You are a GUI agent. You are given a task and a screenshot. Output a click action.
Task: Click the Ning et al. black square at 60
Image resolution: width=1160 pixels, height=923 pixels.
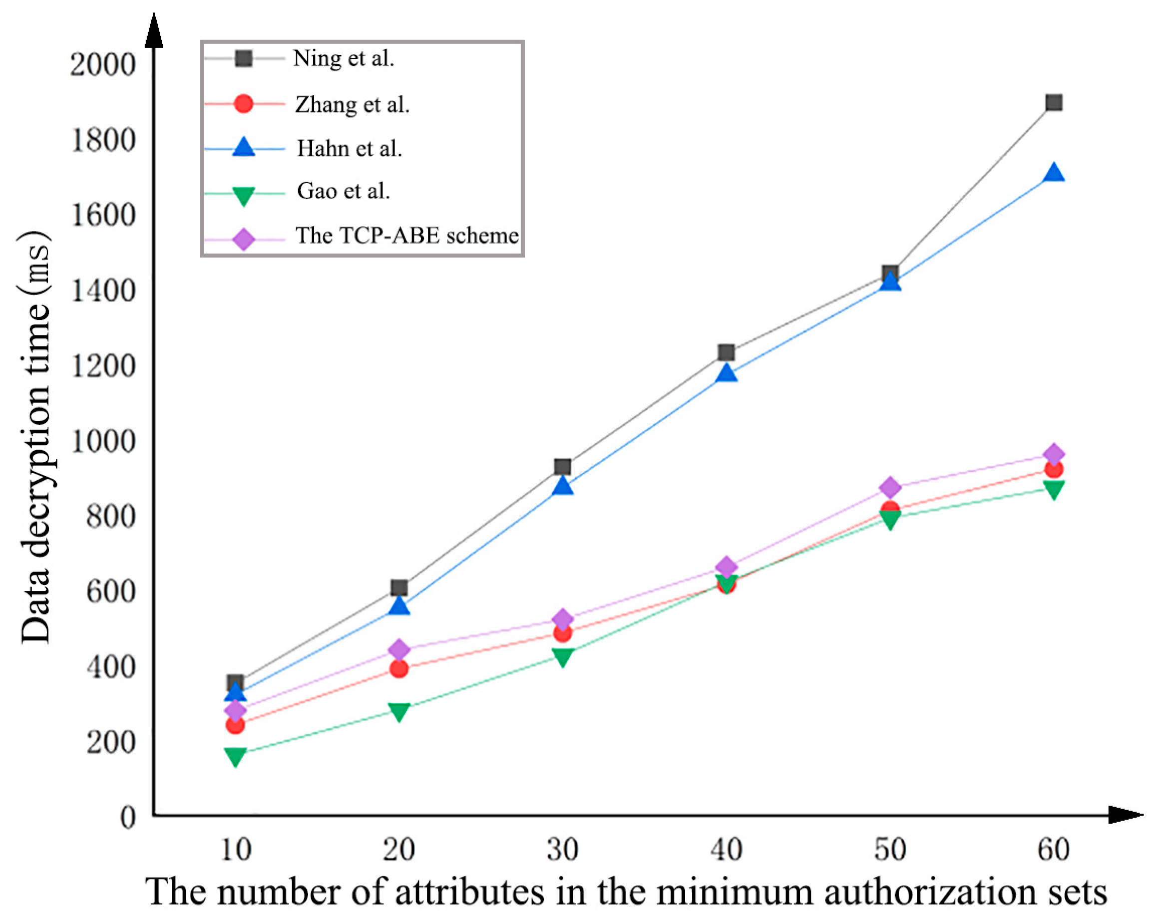click(1054, 103)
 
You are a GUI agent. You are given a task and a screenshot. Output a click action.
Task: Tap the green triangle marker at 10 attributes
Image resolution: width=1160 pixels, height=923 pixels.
click(235, 756)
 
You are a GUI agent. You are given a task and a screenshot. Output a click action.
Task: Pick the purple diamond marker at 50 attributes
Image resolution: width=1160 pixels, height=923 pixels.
click(890, 487)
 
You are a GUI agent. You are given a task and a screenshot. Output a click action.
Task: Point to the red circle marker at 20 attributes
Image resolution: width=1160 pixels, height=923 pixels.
click(398, 668)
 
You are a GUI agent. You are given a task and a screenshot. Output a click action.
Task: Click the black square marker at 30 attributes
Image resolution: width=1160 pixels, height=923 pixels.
click(563, 467)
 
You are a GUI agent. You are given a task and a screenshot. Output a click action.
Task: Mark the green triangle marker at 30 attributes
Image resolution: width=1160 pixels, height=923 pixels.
click(563, 657)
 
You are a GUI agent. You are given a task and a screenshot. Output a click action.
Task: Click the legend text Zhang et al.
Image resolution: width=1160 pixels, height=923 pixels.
click(353, 104)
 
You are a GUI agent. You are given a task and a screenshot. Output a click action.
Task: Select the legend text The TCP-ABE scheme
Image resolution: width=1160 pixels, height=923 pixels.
click(407, 236)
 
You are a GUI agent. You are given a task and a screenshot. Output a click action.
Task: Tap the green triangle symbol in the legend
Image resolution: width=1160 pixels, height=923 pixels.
click(243, 195)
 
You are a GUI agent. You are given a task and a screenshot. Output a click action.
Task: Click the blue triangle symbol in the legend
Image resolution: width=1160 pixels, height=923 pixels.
click(243, 147)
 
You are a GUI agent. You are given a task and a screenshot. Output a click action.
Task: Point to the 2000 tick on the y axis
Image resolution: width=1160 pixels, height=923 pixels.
click(102, 64)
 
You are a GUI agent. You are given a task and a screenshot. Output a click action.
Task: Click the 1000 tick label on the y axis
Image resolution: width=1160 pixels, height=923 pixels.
click(102, 442)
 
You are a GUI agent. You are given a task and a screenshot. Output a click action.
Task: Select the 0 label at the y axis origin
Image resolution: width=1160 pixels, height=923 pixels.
click(127, 818)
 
